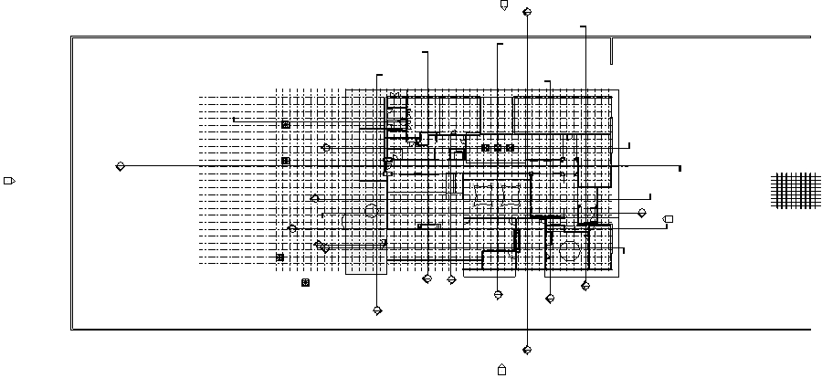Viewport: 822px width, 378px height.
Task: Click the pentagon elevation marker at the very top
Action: click(503, 5)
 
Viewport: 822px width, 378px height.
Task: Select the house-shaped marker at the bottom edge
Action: click(501, 370)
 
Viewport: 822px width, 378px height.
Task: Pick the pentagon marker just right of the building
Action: click(669, 219)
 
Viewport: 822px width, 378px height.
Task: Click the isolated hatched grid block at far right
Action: click(796, 191)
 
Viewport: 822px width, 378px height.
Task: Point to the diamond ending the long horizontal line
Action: click(120, 166)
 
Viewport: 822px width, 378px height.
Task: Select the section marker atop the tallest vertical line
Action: click(527, 12)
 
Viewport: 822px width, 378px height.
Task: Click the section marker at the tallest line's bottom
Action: click(527, 350)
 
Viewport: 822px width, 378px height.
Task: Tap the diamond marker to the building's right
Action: click(642, 213)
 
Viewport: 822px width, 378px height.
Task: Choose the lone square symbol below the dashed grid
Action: click(305, 283)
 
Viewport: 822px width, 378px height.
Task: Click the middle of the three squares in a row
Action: click(498, 148)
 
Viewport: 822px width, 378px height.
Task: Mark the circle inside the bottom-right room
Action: click(573, 251)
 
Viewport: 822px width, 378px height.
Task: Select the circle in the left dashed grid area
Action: click(371, 211)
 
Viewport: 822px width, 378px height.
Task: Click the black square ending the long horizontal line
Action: click(680, 168)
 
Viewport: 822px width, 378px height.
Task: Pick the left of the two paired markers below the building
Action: click(427, 279)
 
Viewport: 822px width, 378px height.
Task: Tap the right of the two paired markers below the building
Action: click(451, 279)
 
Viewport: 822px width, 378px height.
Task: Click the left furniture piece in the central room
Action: click(482, 196)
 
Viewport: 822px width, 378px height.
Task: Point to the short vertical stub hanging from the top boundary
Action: click(611, 51)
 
